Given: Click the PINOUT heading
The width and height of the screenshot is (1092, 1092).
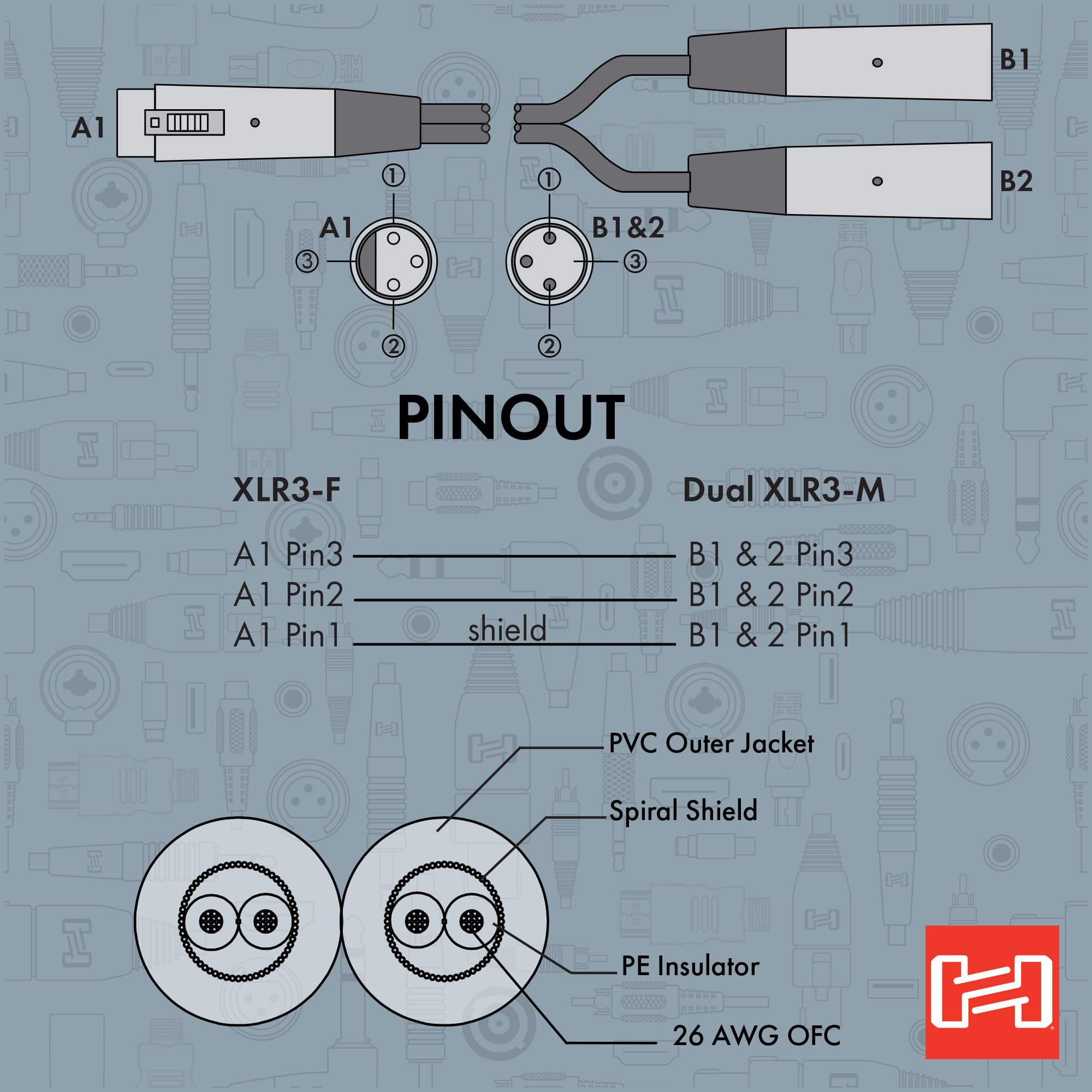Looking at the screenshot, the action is click(x=511, y=418).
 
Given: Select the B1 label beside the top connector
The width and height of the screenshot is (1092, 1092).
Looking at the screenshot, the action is click(x=1014, y=61).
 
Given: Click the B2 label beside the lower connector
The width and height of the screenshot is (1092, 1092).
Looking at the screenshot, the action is click(x=1016, y=181).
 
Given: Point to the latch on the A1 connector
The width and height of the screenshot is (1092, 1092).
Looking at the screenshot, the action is click(x=184, y=122).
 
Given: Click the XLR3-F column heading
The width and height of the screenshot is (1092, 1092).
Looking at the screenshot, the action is click(x=287, y=490).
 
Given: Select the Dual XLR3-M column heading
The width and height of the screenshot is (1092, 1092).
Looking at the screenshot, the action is click(x=784, y=490).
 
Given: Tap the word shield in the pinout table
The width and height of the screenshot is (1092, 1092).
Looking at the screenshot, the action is click(x=507, y=630).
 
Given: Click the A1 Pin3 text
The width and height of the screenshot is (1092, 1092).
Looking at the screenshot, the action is click(x=288, y=555).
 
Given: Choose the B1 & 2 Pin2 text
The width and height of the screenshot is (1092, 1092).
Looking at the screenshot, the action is click(x=770, y=595).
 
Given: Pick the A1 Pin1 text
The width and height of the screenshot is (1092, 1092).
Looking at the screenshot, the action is click(x=287, y=636).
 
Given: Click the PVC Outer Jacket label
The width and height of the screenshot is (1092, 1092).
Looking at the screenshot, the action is click(x=711, y=744).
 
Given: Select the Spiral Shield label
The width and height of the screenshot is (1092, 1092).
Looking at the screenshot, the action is click(x=683, y=811).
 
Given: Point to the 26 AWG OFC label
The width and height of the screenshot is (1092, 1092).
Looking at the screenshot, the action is click(x=756, y=1035).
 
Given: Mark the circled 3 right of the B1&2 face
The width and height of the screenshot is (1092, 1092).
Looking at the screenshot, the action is click(x=635, y=262).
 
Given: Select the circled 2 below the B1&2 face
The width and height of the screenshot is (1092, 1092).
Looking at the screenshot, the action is click(x=549, y=346).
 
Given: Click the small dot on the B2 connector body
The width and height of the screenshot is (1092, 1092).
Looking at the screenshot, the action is click(x=877, y=181).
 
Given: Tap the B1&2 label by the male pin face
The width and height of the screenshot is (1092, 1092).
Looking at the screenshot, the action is click(x=627, y=228).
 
